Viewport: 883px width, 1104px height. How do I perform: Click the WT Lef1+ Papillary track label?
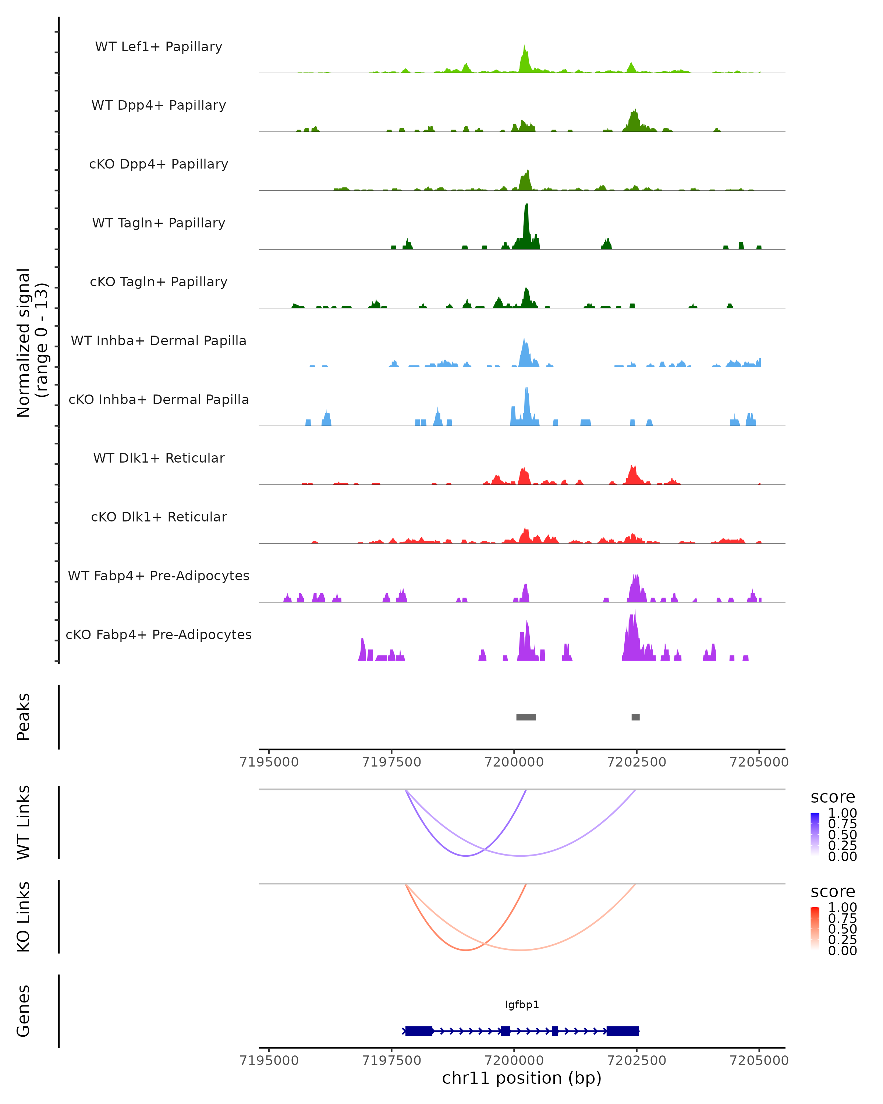[159, 47]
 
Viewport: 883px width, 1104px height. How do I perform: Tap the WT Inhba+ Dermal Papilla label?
[159, 340]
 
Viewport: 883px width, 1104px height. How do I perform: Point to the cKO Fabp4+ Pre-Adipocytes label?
[159, 634]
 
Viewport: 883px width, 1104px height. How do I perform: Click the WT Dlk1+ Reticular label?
[159, 458]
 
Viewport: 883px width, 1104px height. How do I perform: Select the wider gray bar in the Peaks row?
[526, 717]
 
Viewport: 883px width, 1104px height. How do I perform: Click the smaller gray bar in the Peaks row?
[635, 717]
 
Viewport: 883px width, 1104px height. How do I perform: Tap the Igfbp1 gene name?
[522, 1005]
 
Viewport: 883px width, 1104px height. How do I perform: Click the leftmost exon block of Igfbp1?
[419, 1031]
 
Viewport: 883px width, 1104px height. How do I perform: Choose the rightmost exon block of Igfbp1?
[623, 1031]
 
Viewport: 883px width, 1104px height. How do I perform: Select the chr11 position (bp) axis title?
[522, 1078]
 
